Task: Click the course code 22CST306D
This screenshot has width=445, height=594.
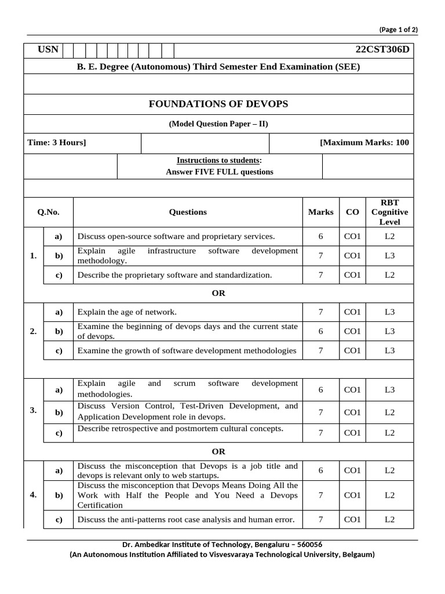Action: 382,49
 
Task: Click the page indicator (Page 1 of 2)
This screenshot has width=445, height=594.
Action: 398,29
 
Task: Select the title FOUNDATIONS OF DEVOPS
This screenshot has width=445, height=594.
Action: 218,104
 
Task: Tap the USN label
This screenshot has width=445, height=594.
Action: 48,49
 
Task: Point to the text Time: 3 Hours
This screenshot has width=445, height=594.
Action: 57,143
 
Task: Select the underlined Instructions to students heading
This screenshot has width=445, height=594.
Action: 219,160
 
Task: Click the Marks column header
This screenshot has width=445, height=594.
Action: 320,212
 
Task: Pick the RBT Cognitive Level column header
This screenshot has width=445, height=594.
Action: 389,212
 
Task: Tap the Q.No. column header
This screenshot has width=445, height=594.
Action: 49,212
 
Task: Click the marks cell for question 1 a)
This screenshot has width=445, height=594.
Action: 320,236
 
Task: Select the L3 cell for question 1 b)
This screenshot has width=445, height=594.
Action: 389,255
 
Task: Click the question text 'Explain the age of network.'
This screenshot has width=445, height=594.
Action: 127,312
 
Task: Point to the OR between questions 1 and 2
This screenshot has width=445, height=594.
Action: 218,294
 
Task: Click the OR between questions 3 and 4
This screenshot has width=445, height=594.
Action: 218,451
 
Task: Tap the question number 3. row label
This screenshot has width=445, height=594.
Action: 33,411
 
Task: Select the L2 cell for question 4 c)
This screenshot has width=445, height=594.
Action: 389,520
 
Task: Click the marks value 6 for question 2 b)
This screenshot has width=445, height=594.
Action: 320,331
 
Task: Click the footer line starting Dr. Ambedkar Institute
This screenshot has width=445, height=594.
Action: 222,545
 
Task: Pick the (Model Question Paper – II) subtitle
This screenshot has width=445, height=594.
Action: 218,124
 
